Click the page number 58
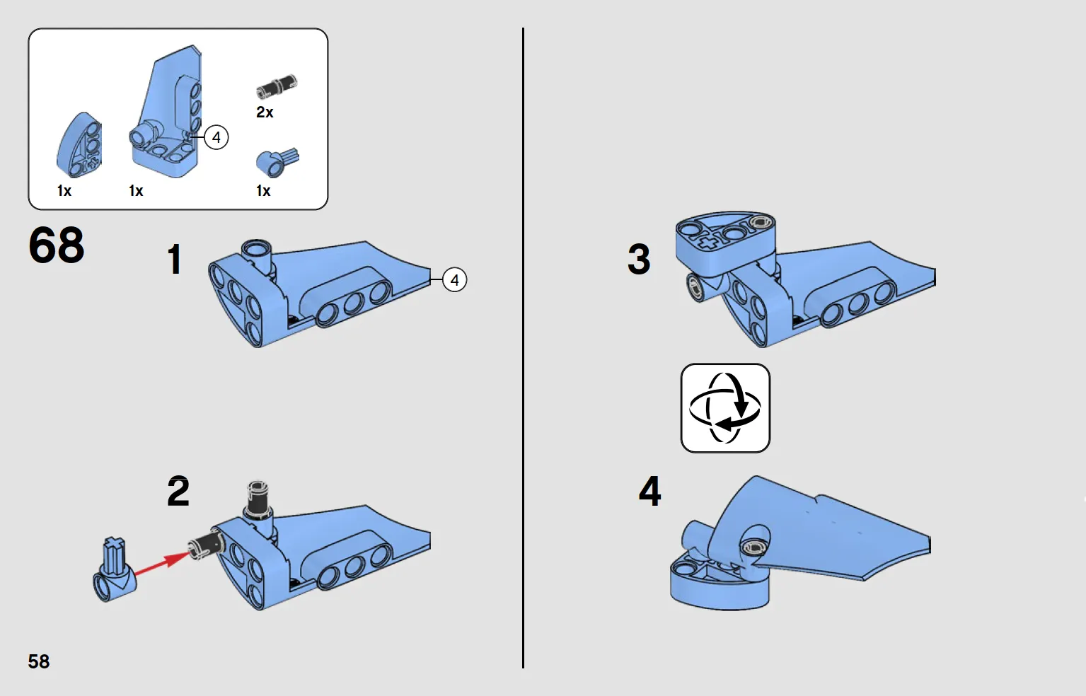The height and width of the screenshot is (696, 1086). tap(39, 661)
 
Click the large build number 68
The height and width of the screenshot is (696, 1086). tap(57, 245)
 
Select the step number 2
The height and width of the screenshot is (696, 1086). tap(178, 492)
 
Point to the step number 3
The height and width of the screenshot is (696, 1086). tap(639, 259)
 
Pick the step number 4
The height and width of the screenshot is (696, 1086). tap(649, 491)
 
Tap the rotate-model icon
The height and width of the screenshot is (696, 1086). tap(725, 408)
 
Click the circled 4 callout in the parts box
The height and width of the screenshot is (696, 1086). tap(216, 137)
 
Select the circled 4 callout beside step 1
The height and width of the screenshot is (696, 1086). tap(454, 280)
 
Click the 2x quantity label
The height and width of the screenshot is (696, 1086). tap(265, 112)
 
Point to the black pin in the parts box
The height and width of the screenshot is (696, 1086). tap(277, 86)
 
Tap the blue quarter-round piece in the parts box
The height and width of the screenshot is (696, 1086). tap(80, 146)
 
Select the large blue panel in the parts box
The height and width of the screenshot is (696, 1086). tap(168, 117)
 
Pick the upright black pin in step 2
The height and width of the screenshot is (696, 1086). tap(258, 501)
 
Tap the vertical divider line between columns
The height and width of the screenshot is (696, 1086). tap(523, 347)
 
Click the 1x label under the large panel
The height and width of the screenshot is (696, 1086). tap(136, 191)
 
